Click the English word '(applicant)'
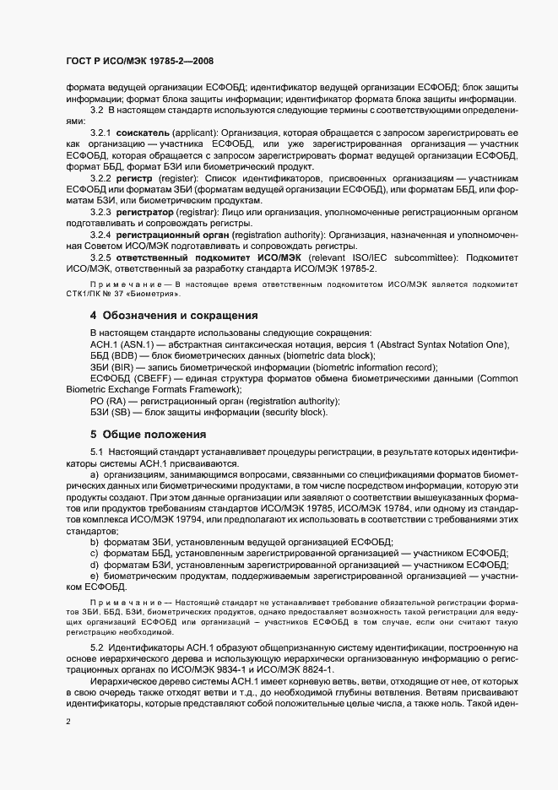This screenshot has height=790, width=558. pyautogui.click(x=197, y=135)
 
